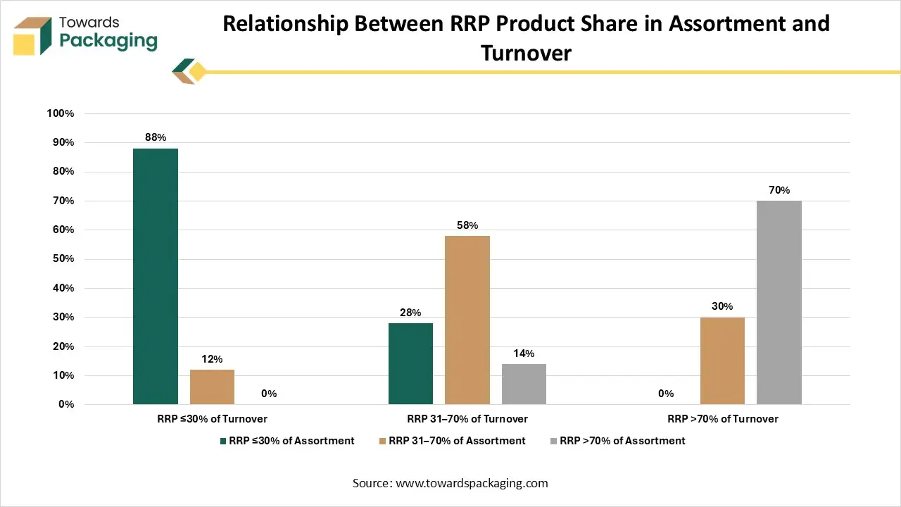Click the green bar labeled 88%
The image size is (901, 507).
156,276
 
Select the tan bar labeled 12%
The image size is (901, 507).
212,387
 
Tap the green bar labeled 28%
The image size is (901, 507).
410,363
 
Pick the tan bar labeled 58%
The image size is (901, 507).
467,320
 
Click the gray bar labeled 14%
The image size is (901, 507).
524,384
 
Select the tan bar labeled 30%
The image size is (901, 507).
722,361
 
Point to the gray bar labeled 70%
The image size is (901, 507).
779,302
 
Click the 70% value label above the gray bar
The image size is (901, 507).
779,190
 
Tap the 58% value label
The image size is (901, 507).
467,225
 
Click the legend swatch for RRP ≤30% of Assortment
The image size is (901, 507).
222,441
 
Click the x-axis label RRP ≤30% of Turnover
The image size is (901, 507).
212,419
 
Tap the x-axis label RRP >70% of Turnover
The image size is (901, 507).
723,419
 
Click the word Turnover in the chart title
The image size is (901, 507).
526,52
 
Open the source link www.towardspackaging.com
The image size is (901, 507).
471,483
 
